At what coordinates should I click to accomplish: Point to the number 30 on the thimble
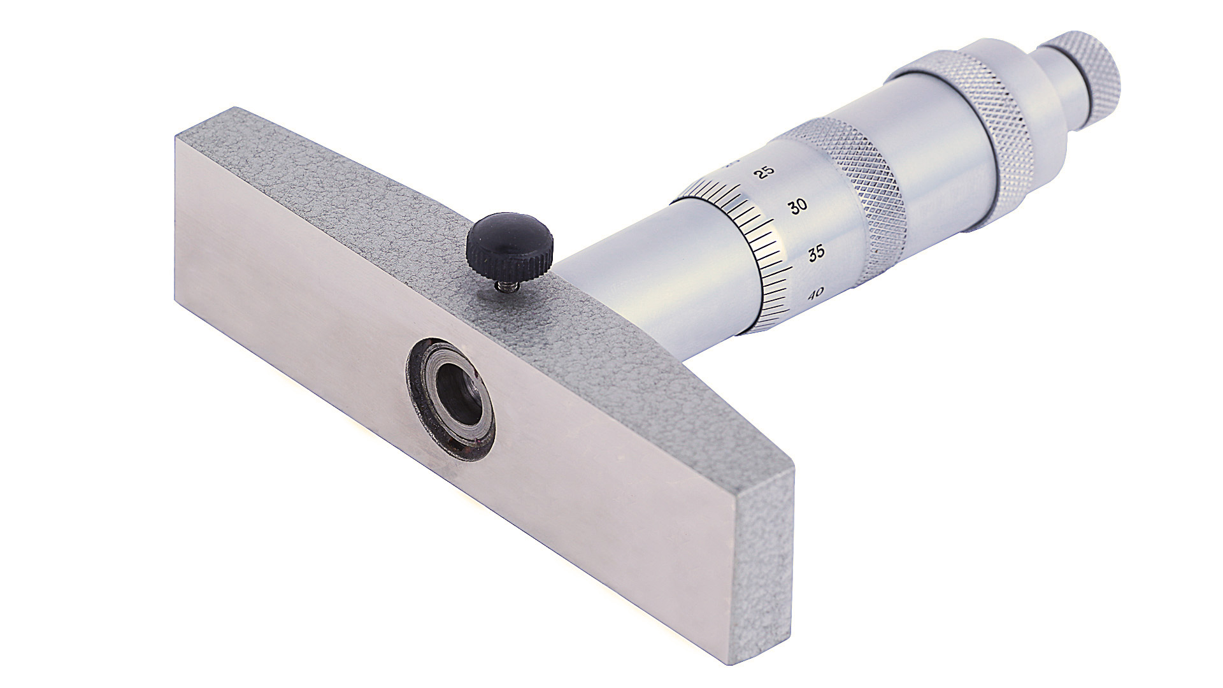click(x=797, y=206)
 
